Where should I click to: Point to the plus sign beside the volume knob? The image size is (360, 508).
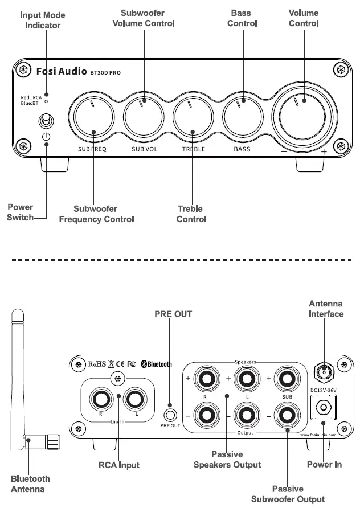coord(324,152)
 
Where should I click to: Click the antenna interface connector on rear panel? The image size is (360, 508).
coord(324,373)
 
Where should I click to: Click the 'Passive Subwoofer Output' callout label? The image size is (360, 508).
coord(288,494)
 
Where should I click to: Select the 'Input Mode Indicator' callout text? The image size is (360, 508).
coord(42,20)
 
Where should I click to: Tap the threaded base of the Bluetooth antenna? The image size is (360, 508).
coord(52,441)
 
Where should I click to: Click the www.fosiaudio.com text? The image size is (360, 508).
coord(318,435)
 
